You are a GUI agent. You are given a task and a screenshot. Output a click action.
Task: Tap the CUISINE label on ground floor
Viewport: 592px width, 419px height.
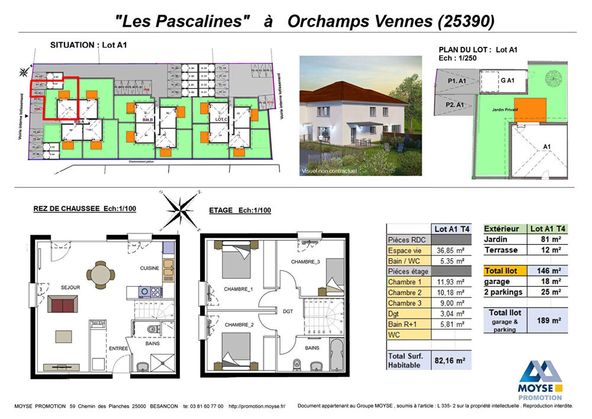point(149,268)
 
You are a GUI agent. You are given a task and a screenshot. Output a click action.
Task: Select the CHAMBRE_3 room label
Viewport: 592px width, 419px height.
point(305,261)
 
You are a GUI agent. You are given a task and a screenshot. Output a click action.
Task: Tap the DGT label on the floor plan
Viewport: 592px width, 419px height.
point(288,311)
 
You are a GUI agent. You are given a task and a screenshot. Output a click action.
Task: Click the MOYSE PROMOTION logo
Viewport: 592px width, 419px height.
point(540,381)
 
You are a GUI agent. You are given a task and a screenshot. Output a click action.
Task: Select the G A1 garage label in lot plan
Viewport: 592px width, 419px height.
point(507,80)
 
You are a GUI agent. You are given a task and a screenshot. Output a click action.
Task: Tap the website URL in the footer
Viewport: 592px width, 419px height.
point(257,407)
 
